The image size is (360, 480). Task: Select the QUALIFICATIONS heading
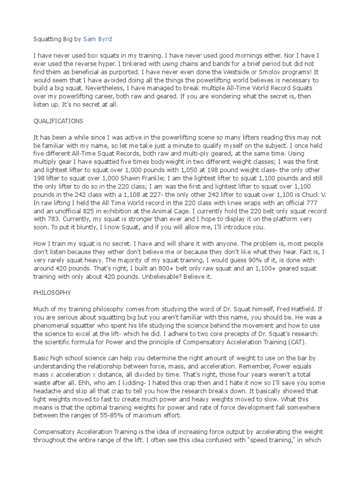pos(58,121)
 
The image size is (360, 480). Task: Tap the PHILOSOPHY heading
pos(52,292)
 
